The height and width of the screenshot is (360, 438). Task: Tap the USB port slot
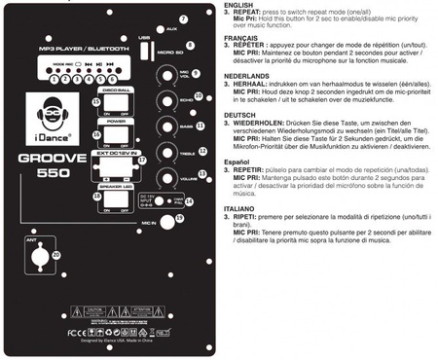click(x=145, y=51)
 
